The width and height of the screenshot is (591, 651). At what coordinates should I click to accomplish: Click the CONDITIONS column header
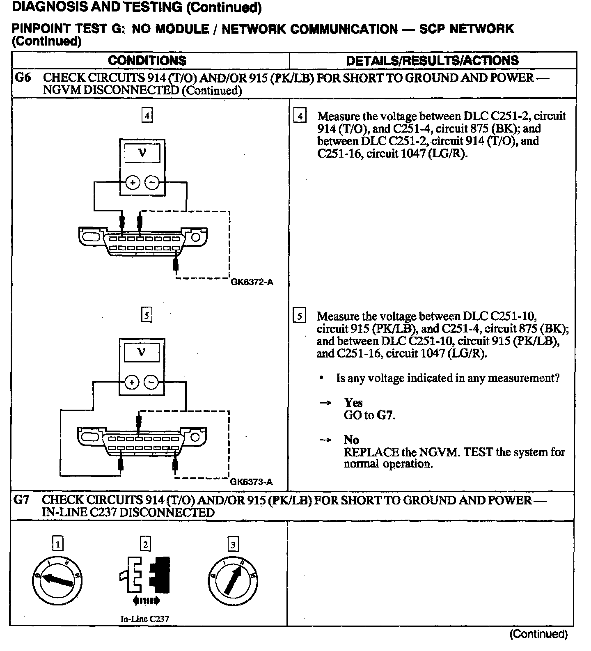(147, 61)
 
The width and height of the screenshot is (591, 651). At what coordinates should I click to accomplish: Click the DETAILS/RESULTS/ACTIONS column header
(432, 61)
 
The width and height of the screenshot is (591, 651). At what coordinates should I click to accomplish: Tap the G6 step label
(23, 78)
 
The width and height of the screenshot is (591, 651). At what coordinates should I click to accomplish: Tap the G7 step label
(22, 500)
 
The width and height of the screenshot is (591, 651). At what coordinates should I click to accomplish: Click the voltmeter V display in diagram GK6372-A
(142, 153)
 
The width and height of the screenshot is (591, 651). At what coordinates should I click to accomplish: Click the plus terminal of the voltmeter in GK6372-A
(133, 183)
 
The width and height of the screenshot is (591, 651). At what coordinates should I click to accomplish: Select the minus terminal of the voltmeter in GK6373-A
(151, 383)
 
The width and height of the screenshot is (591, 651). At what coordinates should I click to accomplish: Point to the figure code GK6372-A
(252, 282)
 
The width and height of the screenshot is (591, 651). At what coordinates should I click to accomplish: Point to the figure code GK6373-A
(251, 482)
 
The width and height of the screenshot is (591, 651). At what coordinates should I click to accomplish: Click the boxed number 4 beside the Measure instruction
(300, 117)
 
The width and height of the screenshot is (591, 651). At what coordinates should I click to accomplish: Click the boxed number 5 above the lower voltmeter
(147, 315)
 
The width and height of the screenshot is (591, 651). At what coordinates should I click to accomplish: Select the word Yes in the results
(353, 403)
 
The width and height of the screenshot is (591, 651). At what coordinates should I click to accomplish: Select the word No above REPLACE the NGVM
(351, 440)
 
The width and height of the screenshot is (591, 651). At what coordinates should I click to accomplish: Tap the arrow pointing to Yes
(325, 403)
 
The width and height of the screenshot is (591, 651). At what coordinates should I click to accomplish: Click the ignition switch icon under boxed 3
(233, 580)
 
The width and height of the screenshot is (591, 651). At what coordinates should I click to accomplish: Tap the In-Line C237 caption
(145, 619)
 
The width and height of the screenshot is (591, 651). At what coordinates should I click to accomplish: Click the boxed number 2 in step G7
(145, 544)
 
